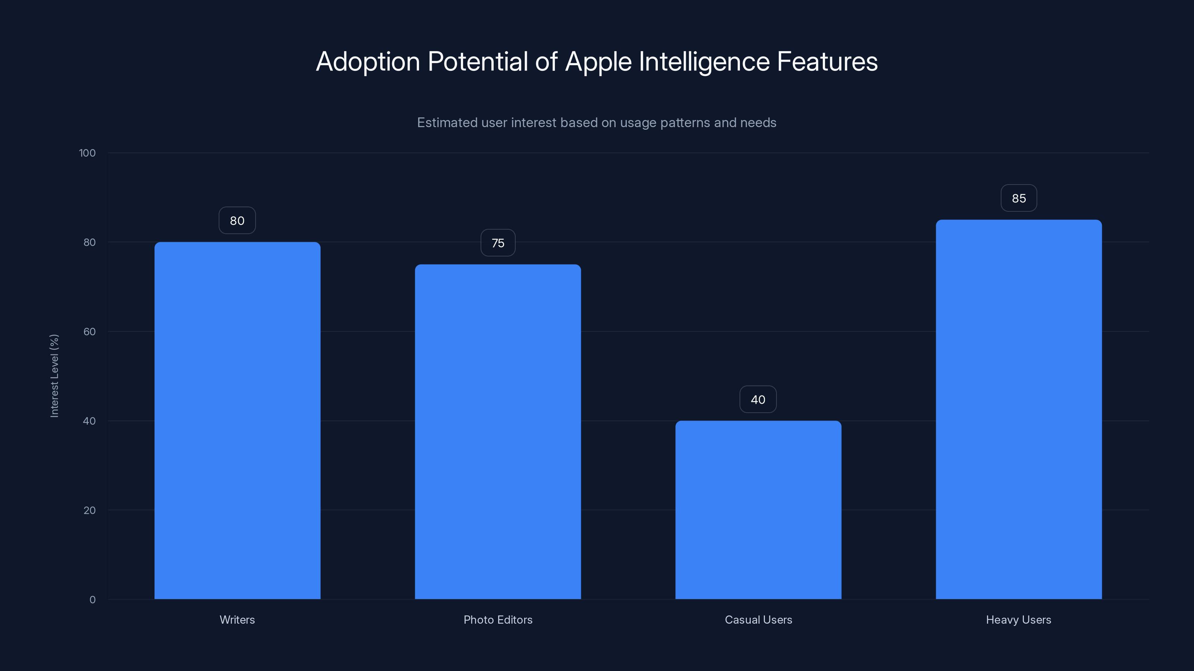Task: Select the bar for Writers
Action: tap(237, 420)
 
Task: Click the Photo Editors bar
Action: tap(498, 432)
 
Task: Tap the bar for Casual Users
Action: tap(758, 510)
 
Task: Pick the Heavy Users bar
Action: tap(1019, 409)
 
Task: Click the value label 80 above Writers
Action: tap(237, 220)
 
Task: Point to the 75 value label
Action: tap(498, 243)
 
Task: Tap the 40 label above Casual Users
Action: tap(758, 400)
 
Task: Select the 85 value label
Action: tap(1019, 198)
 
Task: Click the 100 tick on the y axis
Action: tap(87, 153)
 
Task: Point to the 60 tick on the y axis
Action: tap(90, 331)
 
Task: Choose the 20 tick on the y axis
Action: tap(90, 510)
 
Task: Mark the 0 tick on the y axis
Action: tap(92, 600)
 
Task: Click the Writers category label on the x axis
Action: tap(237, 620)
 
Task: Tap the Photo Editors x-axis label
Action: tap(498, 620)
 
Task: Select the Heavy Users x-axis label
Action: tap(1019, 620)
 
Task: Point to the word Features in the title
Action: tap(827, 61)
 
